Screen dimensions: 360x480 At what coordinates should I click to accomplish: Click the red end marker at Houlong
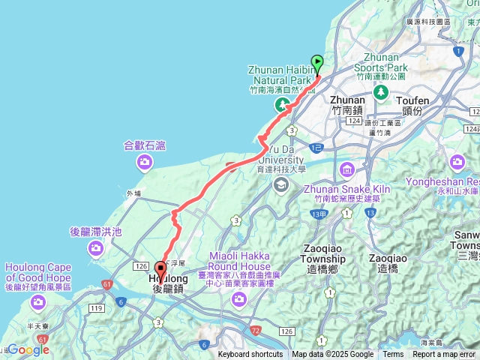tap(160, 269)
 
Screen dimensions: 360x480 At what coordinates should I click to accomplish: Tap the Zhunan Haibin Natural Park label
tap(279, 74)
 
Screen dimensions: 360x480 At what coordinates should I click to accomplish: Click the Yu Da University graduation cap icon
tap(280, 184)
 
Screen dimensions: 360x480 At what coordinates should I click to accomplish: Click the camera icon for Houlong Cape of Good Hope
tap(38, 302)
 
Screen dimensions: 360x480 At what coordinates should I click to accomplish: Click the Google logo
tap(28, 349)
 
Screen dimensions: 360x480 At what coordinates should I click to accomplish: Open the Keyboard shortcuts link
tap(250, 355)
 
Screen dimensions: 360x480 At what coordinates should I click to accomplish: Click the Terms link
tap(393, 355)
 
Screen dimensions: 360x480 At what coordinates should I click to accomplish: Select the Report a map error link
tap(444, 355)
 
